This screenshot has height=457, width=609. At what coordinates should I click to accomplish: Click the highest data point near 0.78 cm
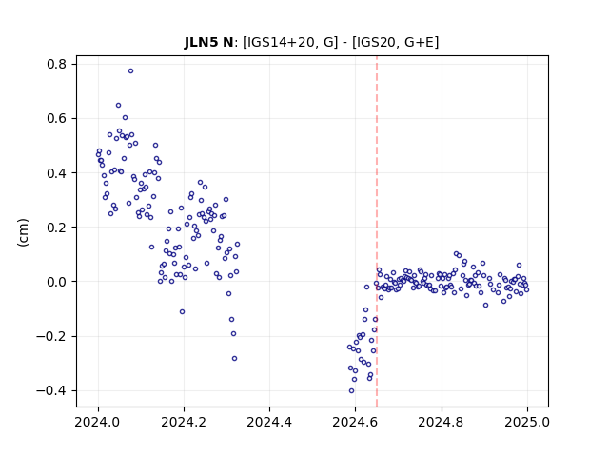[x=131, y=70]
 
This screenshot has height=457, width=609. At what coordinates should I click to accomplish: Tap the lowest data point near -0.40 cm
[x=351, y=391]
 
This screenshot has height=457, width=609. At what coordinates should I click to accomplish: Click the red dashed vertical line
[x=377, y=231]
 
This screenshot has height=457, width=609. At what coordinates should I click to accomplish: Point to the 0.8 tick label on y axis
[x=57, y=64]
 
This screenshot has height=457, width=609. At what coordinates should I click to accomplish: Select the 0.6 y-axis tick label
[x=57, y=118]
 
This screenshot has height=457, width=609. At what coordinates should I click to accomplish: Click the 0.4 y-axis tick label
[x=57, y=173]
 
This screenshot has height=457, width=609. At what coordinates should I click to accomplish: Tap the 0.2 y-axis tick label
[x=57, y=228]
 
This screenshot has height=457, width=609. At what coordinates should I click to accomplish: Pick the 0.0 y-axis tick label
[x=57, y=282]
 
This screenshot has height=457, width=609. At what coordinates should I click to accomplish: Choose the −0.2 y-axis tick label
[x=51, y=336]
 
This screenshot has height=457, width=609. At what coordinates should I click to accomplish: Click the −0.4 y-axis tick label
[x=51, y=390]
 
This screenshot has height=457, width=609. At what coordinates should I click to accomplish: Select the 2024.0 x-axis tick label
[x=98, y=422]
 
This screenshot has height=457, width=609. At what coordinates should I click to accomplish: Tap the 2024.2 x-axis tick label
[x=184, y=422]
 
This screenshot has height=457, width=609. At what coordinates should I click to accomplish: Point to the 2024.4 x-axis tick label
[x=269, y=422]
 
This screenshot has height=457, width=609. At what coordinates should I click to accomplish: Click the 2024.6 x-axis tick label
[x=355, y=422]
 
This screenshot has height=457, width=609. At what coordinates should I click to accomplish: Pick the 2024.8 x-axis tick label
[x=442, y=422]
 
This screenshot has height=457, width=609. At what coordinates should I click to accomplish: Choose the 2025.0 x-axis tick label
[x=527, y=422]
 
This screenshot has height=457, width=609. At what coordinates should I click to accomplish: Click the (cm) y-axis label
[x=23, y=232]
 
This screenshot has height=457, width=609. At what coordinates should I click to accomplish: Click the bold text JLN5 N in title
[x=208, y=42]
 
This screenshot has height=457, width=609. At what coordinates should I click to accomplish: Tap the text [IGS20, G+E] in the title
[x=396, y=42]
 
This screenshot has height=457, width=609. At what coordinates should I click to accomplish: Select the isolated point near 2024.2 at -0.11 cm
[x=182, y=311]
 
